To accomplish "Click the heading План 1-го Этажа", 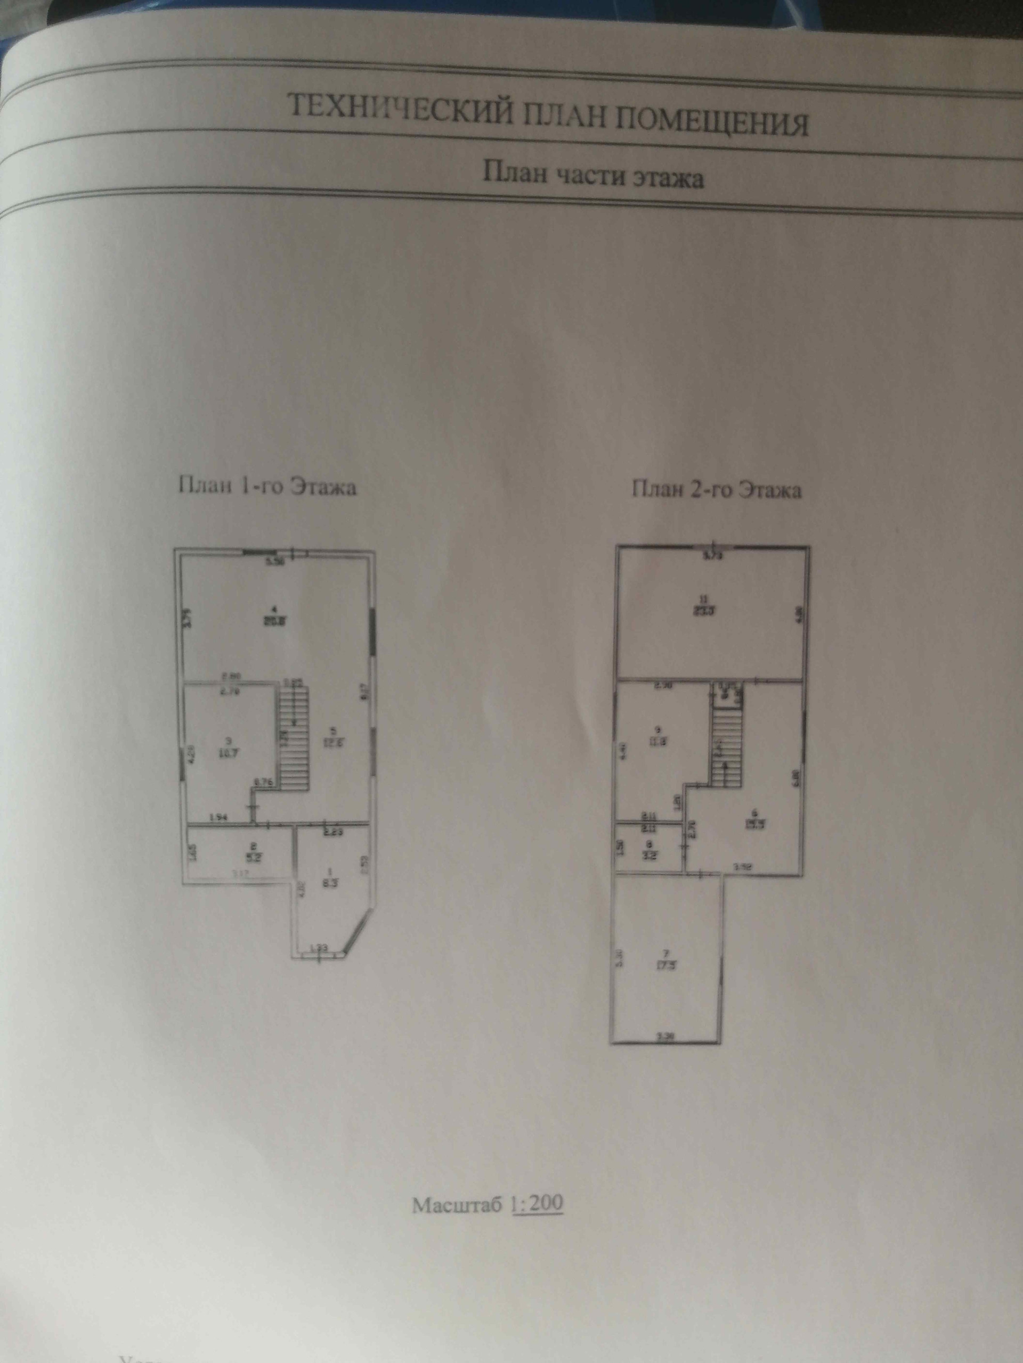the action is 267,487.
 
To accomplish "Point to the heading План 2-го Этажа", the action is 717,490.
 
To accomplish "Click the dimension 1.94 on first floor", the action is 219,818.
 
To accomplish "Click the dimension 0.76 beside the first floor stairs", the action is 264,783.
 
